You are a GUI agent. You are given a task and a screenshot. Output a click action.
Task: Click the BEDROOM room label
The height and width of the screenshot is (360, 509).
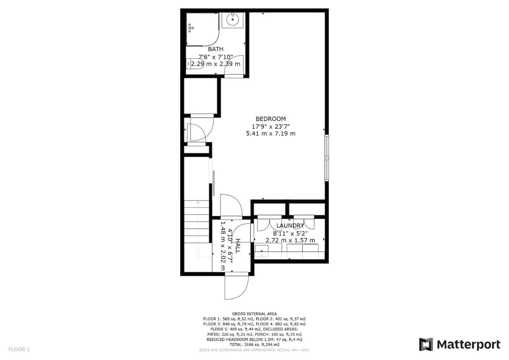point(271,119)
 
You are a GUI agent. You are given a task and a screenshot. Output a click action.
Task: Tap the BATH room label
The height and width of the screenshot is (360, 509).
point(215,49)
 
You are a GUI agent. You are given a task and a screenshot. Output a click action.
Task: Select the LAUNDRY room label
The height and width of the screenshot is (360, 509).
point(290,225)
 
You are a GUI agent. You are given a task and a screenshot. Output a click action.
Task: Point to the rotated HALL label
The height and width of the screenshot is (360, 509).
point(238,246)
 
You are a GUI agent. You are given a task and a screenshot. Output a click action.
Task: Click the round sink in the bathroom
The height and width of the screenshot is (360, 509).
point(233,20)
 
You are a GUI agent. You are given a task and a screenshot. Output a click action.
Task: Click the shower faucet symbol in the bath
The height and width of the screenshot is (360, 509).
point(190,28)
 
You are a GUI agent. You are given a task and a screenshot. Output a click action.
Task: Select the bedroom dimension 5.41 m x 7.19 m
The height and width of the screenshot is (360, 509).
point(271,133)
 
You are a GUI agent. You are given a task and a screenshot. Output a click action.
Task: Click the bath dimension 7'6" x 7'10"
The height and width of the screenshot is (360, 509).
point(215,56)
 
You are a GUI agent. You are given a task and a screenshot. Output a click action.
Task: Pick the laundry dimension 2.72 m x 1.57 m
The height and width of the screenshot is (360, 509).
point(290,240)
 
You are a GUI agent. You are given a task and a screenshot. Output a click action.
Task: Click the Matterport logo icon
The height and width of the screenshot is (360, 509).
point(426,345)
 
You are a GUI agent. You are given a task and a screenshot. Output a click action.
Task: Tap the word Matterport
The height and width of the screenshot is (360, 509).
point(469,345)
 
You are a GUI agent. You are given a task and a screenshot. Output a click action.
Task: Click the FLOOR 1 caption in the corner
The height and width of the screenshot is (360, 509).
point(19,349)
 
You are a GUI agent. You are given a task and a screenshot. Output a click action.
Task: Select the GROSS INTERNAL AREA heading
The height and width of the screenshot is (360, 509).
point(254,314)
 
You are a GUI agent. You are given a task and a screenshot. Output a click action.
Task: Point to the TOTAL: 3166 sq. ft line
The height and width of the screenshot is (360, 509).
point(254,345)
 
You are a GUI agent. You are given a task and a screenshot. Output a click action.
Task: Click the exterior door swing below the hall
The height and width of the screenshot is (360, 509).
point(236,288)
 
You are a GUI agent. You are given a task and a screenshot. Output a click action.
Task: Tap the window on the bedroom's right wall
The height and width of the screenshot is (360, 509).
point(327,158)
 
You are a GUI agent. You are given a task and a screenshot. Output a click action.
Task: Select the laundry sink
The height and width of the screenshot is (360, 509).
point(261,251)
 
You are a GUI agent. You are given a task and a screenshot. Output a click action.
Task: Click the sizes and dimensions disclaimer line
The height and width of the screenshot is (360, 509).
point(254,350)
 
